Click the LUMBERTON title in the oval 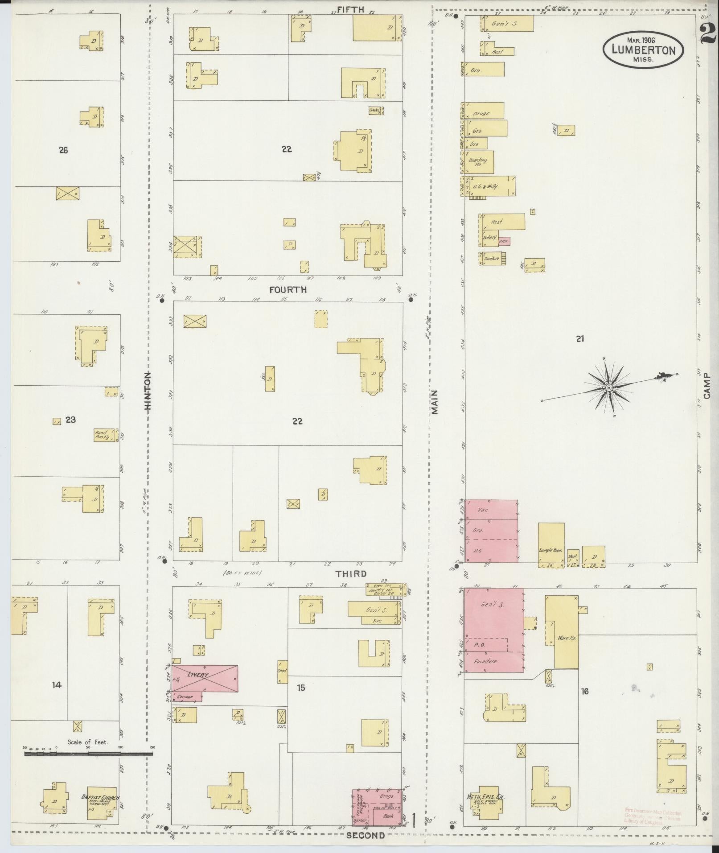pyautogui.click(x=643, y=50)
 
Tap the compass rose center pyautogui.click(x=608, y=388)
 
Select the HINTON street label pyautogui.click(x=148, y=391)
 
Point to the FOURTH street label pyautogui.click(x=288, y=289)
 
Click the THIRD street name pyautogui.click(x=351, y=574)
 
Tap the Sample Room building pyautogui.click(x=551, y=544)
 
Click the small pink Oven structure pyautogui.click(x=504, y=241)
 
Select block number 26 pyautogui.click(x=63, y=150)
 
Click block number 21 pyautogui.click(x=579, y=339)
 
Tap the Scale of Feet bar pyautogui.click(x=88, y=754)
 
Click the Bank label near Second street pyautogui.click(x=388, y=816)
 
